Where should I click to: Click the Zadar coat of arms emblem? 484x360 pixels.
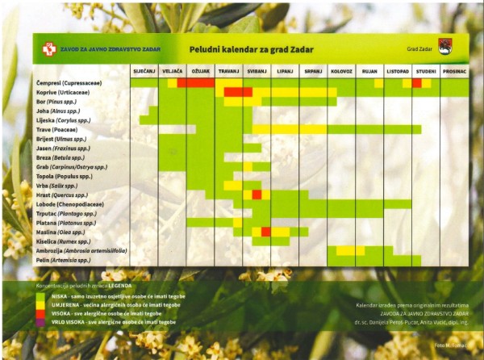[444, 48]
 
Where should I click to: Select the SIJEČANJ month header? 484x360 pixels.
[144, 72]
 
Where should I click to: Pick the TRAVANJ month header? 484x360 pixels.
[228, 72]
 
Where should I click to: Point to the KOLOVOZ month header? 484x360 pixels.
[341, 72]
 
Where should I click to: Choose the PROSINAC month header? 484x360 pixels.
[454, 72]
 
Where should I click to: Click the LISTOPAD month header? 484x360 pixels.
[398, 72]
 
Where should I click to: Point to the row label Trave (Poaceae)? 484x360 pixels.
[57, 129]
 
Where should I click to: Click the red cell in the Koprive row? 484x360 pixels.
[238, 92]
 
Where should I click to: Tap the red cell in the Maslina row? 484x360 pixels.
[265, 232]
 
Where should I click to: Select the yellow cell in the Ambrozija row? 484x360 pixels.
[350, 250]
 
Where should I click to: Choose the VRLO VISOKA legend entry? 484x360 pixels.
[109, 321]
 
